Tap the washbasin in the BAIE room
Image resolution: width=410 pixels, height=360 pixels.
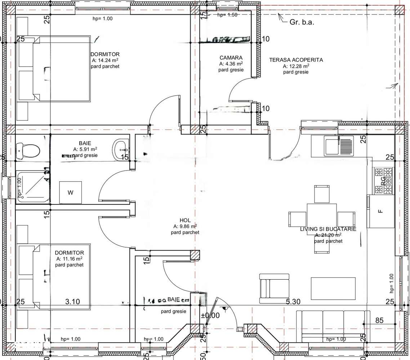122,148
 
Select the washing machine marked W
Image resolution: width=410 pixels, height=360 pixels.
70,192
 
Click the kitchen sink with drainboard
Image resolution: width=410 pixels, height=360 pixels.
338,146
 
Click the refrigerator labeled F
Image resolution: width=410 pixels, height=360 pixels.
380,211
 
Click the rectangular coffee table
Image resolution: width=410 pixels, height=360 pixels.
333,288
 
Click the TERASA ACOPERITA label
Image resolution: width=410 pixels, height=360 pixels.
296,60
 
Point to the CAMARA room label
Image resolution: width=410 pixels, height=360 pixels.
231,58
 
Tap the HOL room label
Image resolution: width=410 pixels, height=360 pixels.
185,221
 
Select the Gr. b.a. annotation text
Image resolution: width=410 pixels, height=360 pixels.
302,22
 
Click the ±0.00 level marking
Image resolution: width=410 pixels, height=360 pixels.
210,315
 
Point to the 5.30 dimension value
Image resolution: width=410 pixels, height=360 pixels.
293,302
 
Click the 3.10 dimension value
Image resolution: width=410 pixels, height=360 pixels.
72,302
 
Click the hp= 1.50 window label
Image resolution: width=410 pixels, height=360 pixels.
227,15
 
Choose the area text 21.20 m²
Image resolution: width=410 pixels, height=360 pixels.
329,235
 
